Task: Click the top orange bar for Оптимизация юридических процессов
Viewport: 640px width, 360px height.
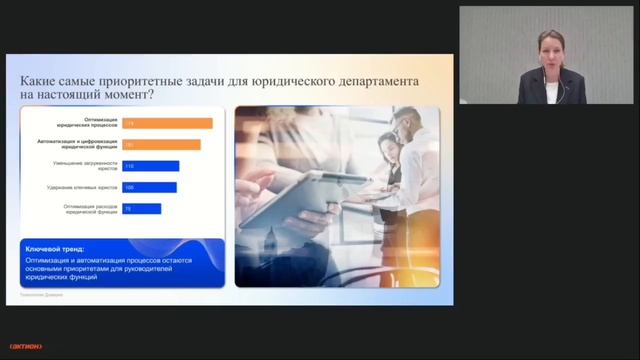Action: (x=167, y=123)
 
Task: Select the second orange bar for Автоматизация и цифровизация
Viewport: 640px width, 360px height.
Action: (x=161, y=145)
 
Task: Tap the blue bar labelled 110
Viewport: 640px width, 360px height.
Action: (x=150, y=166)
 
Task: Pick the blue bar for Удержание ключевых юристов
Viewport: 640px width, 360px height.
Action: (x=149, y=187)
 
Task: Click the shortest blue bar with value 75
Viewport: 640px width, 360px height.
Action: (x=141, y=208)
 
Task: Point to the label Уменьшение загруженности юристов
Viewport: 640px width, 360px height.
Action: (x=84, y=166)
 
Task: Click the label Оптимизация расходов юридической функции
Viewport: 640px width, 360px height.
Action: (x=84, y=208)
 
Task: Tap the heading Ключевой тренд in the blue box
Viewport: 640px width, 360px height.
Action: (x=55, y=248)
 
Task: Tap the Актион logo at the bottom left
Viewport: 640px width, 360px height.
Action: (x=21, y=346)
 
